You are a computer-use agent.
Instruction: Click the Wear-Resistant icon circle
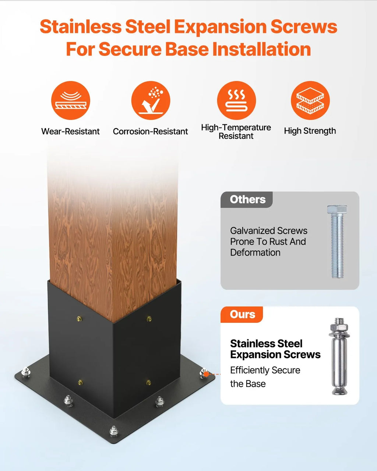[71, 100]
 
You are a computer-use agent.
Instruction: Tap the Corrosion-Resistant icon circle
[151, 100]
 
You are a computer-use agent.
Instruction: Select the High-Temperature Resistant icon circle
[236, 100]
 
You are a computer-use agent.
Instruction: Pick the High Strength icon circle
[310, 100]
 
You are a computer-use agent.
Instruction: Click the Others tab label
[247, 199]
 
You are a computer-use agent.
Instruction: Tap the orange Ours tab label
[242, 314]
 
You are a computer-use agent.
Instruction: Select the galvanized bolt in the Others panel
[337, 242]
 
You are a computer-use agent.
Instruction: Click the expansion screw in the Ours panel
[339, 356]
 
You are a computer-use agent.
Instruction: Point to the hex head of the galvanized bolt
[337, 209]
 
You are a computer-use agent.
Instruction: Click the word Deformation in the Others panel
[255, 252]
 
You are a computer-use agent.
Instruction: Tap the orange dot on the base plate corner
[206, 374]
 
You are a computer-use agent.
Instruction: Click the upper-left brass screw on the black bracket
[79, 318]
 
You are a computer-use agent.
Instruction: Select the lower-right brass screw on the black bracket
[148, 382]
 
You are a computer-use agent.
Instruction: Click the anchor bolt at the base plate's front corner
[114, 431]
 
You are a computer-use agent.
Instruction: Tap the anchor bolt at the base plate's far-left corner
[26, 372]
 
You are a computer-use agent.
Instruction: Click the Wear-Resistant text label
[70, 131]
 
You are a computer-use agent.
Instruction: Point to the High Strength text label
[310, 131]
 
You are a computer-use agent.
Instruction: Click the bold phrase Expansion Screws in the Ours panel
[275, 355]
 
